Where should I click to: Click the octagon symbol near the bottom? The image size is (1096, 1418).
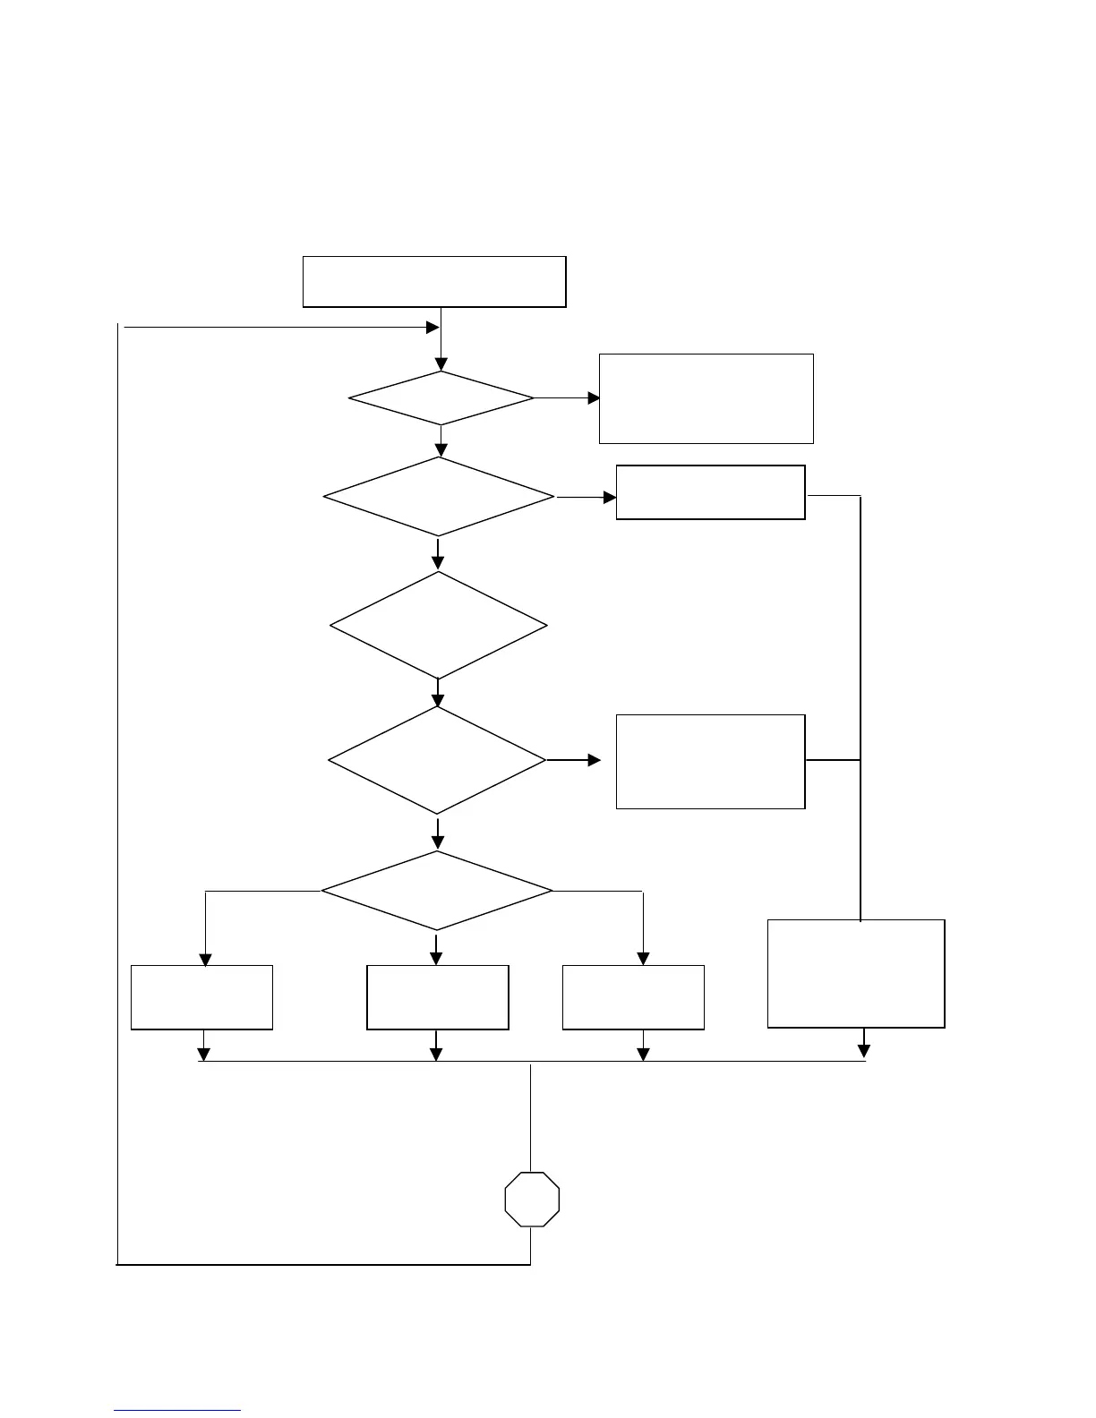tap(532, 1199)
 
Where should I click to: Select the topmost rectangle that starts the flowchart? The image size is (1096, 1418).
tap(434, 282)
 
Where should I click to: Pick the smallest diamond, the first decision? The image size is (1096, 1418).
tap(441, 397)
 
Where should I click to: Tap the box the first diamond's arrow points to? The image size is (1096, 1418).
tap(706, 398)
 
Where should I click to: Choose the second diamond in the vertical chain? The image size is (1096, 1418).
tap(439, 497)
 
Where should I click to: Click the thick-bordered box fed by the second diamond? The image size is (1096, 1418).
tap(710, 491)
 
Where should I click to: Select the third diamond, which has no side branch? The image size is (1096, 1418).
tap(439, 626)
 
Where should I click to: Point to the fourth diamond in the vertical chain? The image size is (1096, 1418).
tap(437, 760)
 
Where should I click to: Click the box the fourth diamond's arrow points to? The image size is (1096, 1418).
tap(710, 761)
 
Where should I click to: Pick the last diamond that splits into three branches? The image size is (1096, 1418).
tap(437, 891)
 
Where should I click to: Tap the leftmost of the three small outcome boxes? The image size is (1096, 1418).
tap(201, 997)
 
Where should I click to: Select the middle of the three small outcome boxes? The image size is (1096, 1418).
tap(438, 997)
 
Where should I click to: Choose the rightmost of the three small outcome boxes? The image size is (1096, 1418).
tap(633, 997)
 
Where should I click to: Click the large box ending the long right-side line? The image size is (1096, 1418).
tap(856, 973)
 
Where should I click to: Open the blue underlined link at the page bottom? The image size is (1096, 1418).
tap(177, 1410)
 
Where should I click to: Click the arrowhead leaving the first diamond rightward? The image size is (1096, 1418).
tap(594, 397)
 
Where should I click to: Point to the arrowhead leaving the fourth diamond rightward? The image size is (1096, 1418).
tap(595, 760)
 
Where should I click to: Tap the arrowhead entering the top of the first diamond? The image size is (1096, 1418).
tap(441, 364)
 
